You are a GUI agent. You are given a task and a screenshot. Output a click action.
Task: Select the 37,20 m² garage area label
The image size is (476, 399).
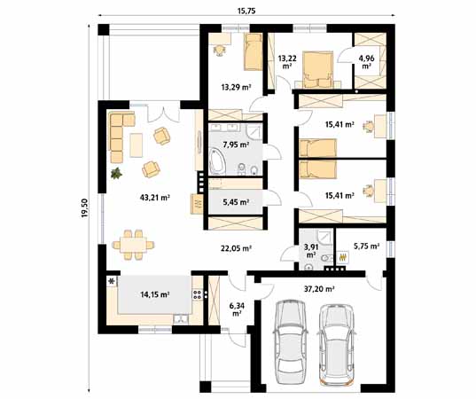coord(319,288)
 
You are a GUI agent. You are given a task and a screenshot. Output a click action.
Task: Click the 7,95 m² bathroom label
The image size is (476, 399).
coord(235,144)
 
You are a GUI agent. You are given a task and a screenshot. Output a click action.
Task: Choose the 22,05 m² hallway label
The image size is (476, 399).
coord(236,248)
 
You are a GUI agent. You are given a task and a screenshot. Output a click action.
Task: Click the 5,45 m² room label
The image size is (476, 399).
coord(234,202)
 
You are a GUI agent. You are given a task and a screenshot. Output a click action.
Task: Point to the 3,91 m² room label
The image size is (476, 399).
coord(311,250)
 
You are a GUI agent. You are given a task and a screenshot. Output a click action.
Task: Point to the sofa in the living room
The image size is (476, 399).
coord(116,136)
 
